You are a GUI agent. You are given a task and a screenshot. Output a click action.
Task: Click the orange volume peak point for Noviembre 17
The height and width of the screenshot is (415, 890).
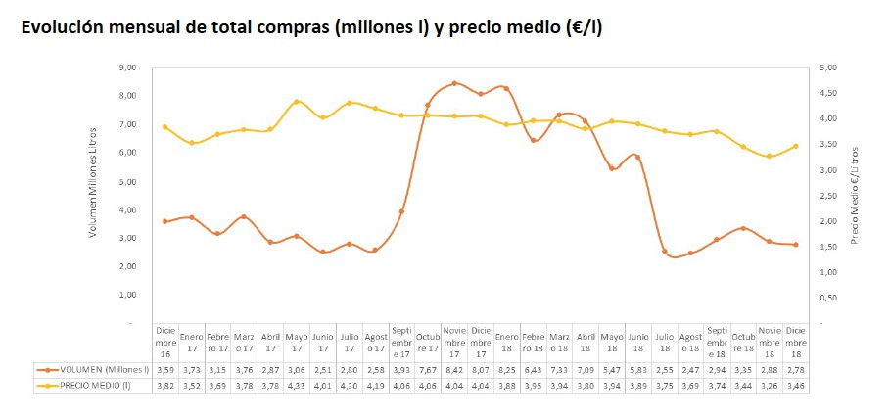[x=454, y=83]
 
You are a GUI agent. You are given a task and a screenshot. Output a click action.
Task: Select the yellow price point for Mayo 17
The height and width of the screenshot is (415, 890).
[x=297, y=102]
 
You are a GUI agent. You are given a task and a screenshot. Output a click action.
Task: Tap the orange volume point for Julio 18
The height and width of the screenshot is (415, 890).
[x=665, y=252]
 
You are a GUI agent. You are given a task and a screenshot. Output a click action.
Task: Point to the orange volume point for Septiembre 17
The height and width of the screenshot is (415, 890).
[x=401, y=211]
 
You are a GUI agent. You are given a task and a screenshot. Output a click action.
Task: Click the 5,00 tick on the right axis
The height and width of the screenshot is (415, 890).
[x=826, y=68]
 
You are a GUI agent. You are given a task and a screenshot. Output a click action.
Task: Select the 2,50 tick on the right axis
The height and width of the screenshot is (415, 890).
[x=826, y=195]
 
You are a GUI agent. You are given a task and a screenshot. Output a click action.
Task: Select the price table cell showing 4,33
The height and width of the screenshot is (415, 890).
[x=297, y=386]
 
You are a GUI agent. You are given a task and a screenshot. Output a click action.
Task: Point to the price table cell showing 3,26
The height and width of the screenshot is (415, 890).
[x=770, y=386]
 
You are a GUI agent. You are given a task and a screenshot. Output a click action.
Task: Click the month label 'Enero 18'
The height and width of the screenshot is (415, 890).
[x=507, y=341]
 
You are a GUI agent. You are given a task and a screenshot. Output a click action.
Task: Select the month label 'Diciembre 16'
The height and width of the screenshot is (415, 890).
[x=165, y=341]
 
